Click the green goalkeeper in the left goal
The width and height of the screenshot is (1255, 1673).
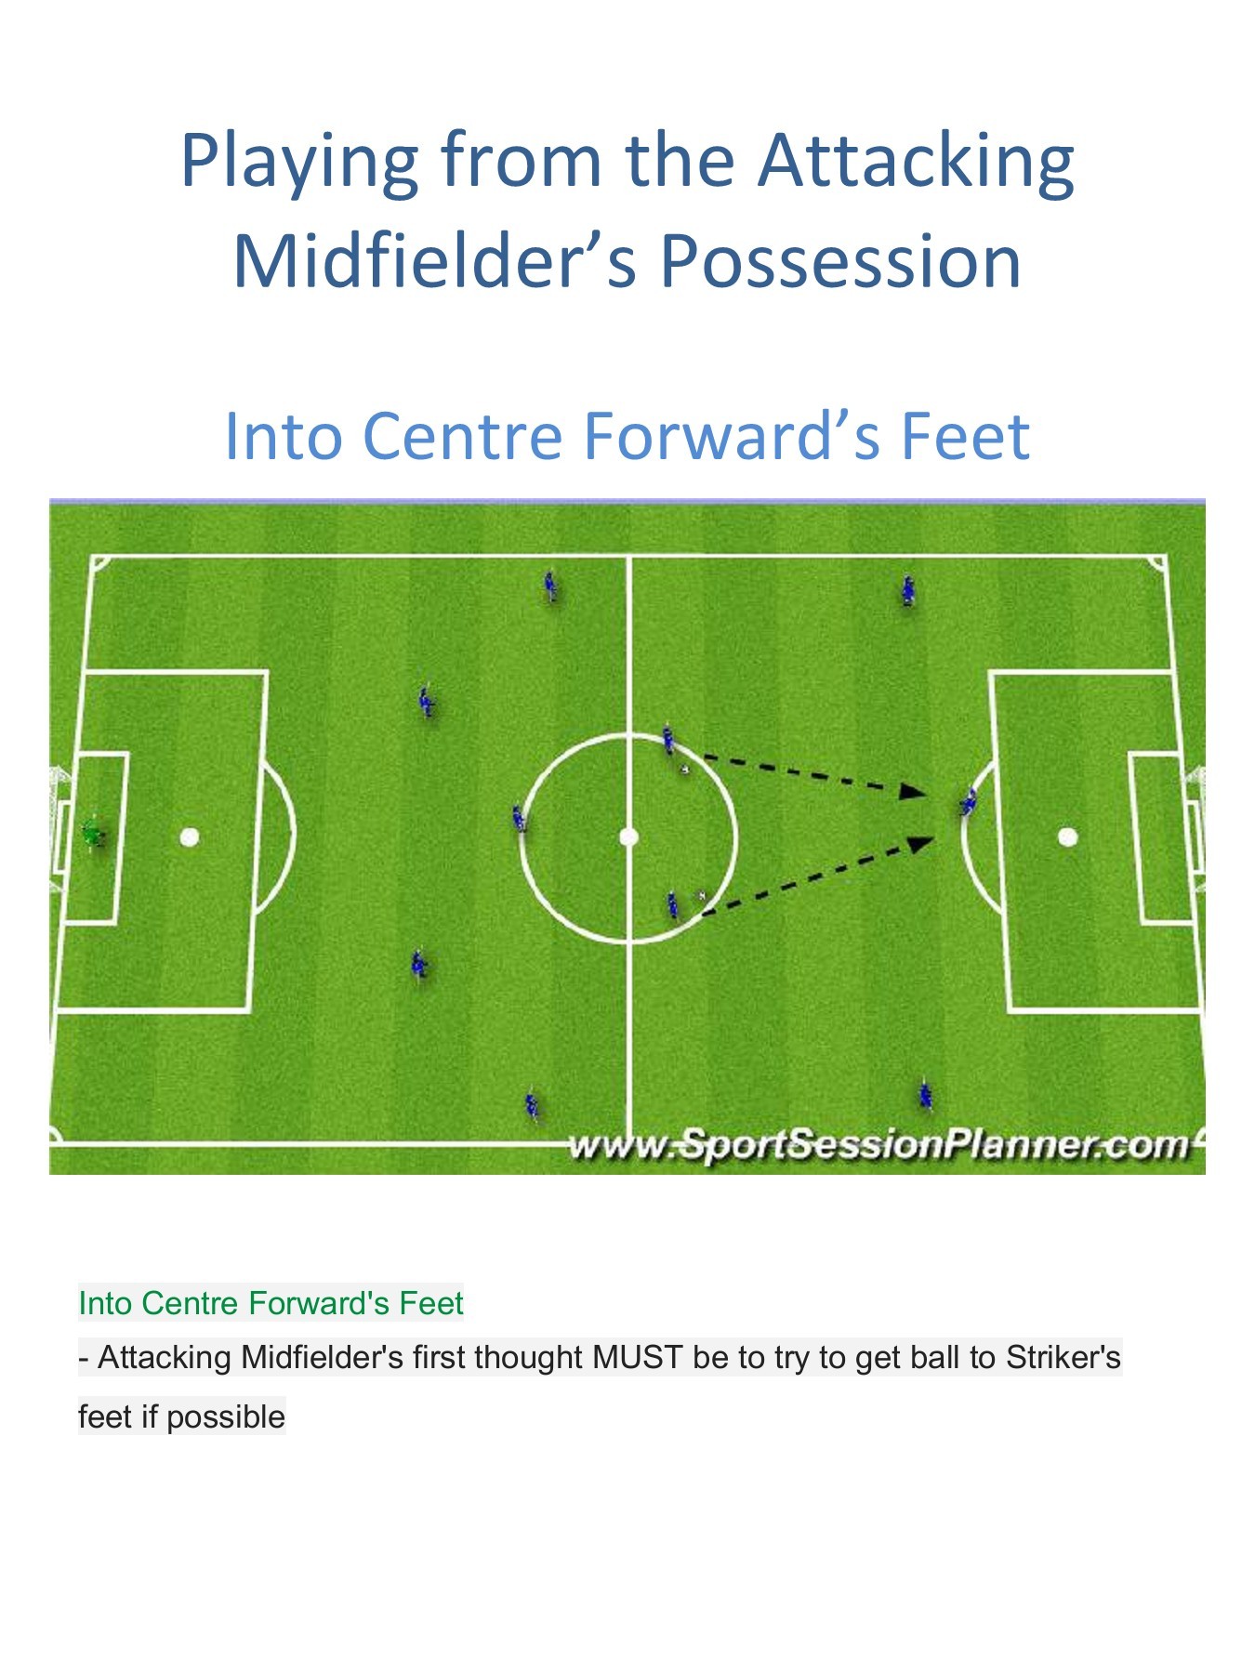click(92, 833)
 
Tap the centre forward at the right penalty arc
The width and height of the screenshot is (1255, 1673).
click(969, 801)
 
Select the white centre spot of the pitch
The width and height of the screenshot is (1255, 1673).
click(628, 837)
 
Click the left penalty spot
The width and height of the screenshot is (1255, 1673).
click(190, 837)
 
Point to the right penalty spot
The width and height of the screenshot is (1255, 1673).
click(1067, 837)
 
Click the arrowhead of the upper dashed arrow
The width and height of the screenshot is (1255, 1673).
click(914, 792)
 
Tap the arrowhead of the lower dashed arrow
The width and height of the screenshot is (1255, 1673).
click(921, 843)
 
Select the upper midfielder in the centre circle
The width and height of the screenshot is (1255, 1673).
click(668, 740)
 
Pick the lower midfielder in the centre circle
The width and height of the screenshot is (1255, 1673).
click(672, 904)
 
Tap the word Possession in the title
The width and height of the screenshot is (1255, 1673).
click(840, 261)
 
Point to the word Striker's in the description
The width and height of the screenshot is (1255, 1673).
click(1063, 1358)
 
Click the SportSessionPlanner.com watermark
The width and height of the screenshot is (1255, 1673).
click(878, 1145)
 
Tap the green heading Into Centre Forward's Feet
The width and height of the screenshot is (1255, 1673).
click(271, 1303)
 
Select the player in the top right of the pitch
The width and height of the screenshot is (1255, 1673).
click(907, 590)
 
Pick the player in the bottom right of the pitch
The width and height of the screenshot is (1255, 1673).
click(925, 1095)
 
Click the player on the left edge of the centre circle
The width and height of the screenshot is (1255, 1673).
click(519, 819)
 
